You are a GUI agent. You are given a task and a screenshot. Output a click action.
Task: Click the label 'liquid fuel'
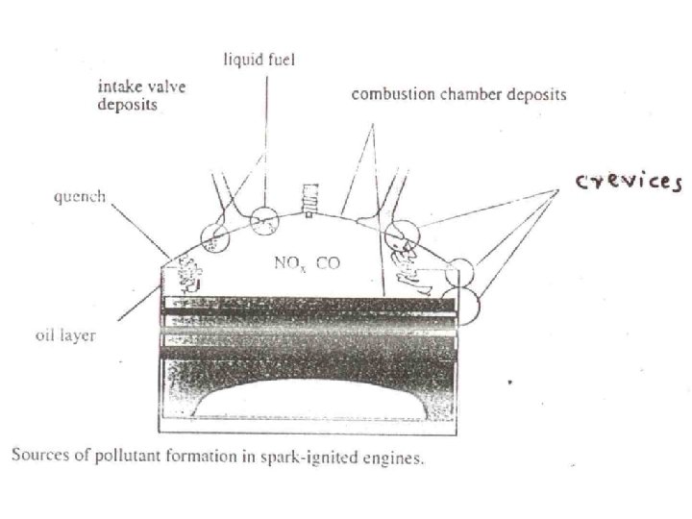click(259, 60)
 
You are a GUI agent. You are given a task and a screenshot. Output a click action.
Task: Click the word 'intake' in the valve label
click(117, 86)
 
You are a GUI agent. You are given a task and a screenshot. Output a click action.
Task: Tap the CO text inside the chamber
click(328, 261)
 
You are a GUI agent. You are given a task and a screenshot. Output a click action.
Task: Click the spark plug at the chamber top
click(308, 199)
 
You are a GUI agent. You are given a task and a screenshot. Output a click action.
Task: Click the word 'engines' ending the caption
click(394, 456)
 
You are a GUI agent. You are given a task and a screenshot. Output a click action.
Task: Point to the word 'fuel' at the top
click(282, 60)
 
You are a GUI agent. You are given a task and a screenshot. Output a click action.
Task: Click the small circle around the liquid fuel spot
click(264, 224)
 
